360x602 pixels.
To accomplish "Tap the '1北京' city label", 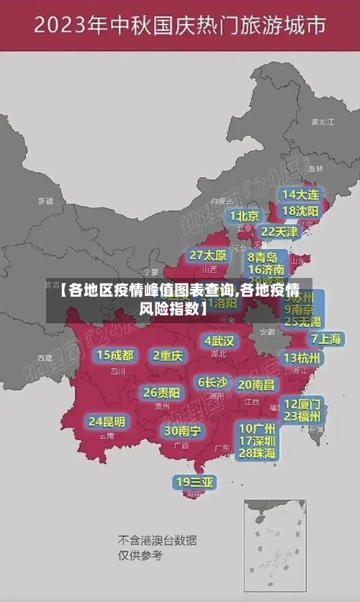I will (244, 215).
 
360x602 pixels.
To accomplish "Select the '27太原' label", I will (208, 255).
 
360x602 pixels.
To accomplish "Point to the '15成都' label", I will (115, 354).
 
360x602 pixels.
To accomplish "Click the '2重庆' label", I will (168, 355).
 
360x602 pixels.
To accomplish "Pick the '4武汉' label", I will (219, 340).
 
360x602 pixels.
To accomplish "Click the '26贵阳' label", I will (161, 392).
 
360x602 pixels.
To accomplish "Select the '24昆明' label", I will (107, 421).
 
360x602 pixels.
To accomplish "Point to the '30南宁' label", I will (183, 431).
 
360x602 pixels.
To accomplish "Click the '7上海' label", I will (325, 338).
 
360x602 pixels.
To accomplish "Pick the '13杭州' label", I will (302, 358).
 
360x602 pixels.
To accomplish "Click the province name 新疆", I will (45, 201).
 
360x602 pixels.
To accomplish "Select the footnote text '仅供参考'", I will (140, 555).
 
